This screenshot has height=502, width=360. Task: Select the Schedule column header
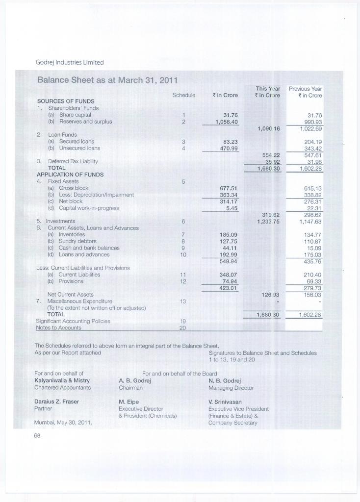184,95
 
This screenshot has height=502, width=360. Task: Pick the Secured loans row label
77,141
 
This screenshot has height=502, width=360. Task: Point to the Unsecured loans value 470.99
227,148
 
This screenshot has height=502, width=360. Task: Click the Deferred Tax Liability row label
73,161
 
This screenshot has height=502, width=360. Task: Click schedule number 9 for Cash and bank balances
182,248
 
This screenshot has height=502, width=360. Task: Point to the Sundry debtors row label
77,241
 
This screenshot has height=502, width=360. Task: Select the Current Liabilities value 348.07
227,275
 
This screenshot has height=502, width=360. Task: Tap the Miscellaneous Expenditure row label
80,301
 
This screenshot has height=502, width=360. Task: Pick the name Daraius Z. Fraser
57,401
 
